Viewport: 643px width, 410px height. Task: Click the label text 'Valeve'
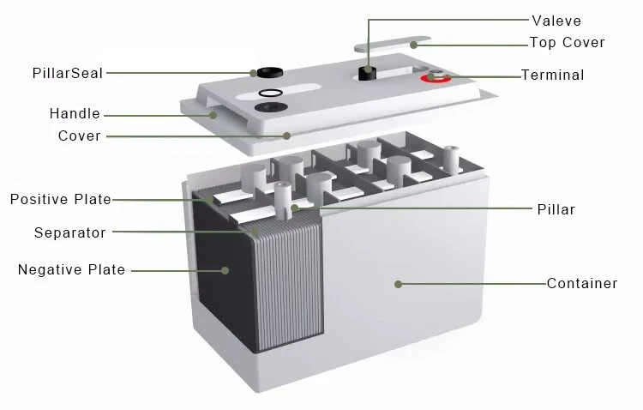[556, 21]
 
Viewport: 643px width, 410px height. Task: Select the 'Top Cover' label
[568, 42]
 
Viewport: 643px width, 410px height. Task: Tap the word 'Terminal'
[553, 75]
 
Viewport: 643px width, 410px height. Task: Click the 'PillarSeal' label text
[68, 73]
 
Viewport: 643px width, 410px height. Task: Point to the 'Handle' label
[75, 113]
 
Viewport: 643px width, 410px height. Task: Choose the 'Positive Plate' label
[61, 199]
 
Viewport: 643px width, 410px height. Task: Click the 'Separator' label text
[70, 232]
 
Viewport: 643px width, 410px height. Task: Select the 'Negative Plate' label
[71, 269]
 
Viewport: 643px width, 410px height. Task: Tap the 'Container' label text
[582, 283]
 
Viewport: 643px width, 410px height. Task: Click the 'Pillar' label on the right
[556, 209]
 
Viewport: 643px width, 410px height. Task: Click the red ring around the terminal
[436, 78]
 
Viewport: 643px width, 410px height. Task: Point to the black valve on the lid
[368, 73]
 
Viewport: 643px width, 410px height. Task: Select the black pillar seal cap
[270, 72]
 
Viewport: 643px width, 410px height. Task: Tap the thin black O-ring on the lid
[270, 93]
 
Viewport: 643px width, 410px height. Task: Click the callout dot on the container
[398, 284]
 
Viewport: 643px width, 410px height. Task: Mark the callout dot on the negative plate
[225, 270]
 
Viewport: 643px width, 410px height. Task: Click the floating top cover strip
[393, 44]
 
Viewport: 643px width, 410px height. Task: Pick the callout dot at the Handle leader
[213, 115]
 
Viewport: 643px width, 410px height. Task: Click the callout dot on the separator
[255, 232]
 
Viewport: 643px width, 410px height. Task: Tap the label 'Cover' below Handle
[80, 136]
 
